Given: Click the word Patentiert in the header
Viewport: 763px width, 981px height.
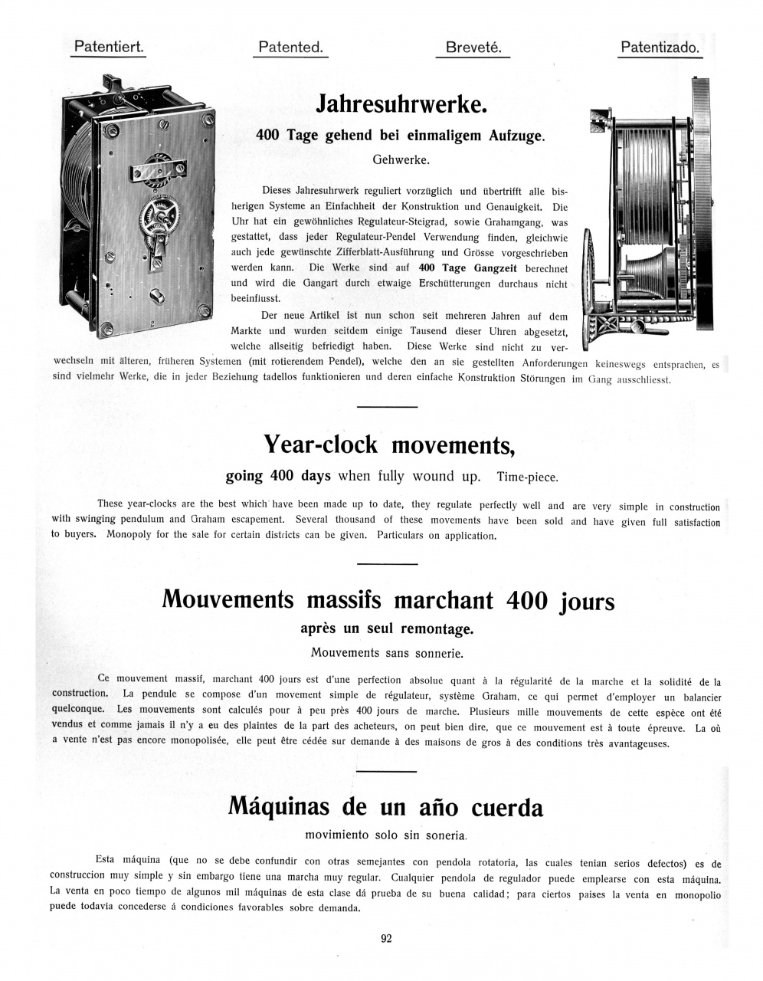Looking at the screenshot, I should [x=108, y=48].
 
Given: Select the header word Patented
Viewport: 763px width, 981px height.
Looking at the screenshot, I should [x=290, y=48].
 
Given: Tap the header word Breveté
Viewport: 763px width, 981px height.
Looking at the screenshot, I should [x=473, y=48].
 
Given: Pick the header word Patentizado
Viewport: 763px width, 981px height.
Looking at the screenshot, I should [x=660, y=48].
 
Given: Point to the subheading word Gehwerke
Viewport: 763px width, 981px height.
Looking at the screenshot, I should [x=401, y=160].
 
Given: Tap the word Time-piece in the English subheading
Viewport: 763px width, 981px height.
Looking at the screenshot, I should [x=527, y=477].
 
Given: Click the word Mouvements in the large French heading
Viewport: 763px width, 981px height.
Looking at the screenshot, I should [x=228, y=600].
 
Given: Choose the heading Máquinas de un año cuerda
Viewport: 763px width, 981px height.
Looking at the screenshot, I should [x=385, y=807].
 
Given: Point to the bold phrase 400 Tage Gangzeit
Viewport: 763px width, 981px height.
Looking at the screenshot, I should [x=467, y=268].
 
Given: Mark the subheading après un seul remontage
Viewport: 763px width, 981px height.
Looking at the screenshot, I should [x=387, y=629].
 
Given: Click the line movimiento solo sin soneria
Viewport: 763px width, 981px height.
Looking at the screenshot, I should [x=385, y=835].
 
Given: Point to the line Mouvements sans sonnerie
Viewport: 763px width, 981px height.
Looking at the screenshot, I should [x=387, y=653].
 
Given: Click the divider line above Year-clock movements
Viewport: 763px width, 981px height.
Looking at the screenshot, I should [x=387, y=406].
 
